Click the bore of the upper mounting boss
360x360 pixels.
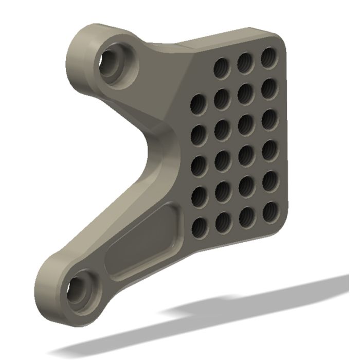click(x=114, y=62)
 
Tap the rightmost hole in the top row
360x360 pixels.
click(x=268, y=57)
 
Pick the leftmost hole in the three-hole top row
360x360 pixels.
click(x=222, y=67)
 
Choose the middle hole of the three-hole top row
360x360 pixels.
click(x=245, y=62)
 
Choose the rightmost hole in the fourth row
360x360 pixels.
click(x=269, y=149)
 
